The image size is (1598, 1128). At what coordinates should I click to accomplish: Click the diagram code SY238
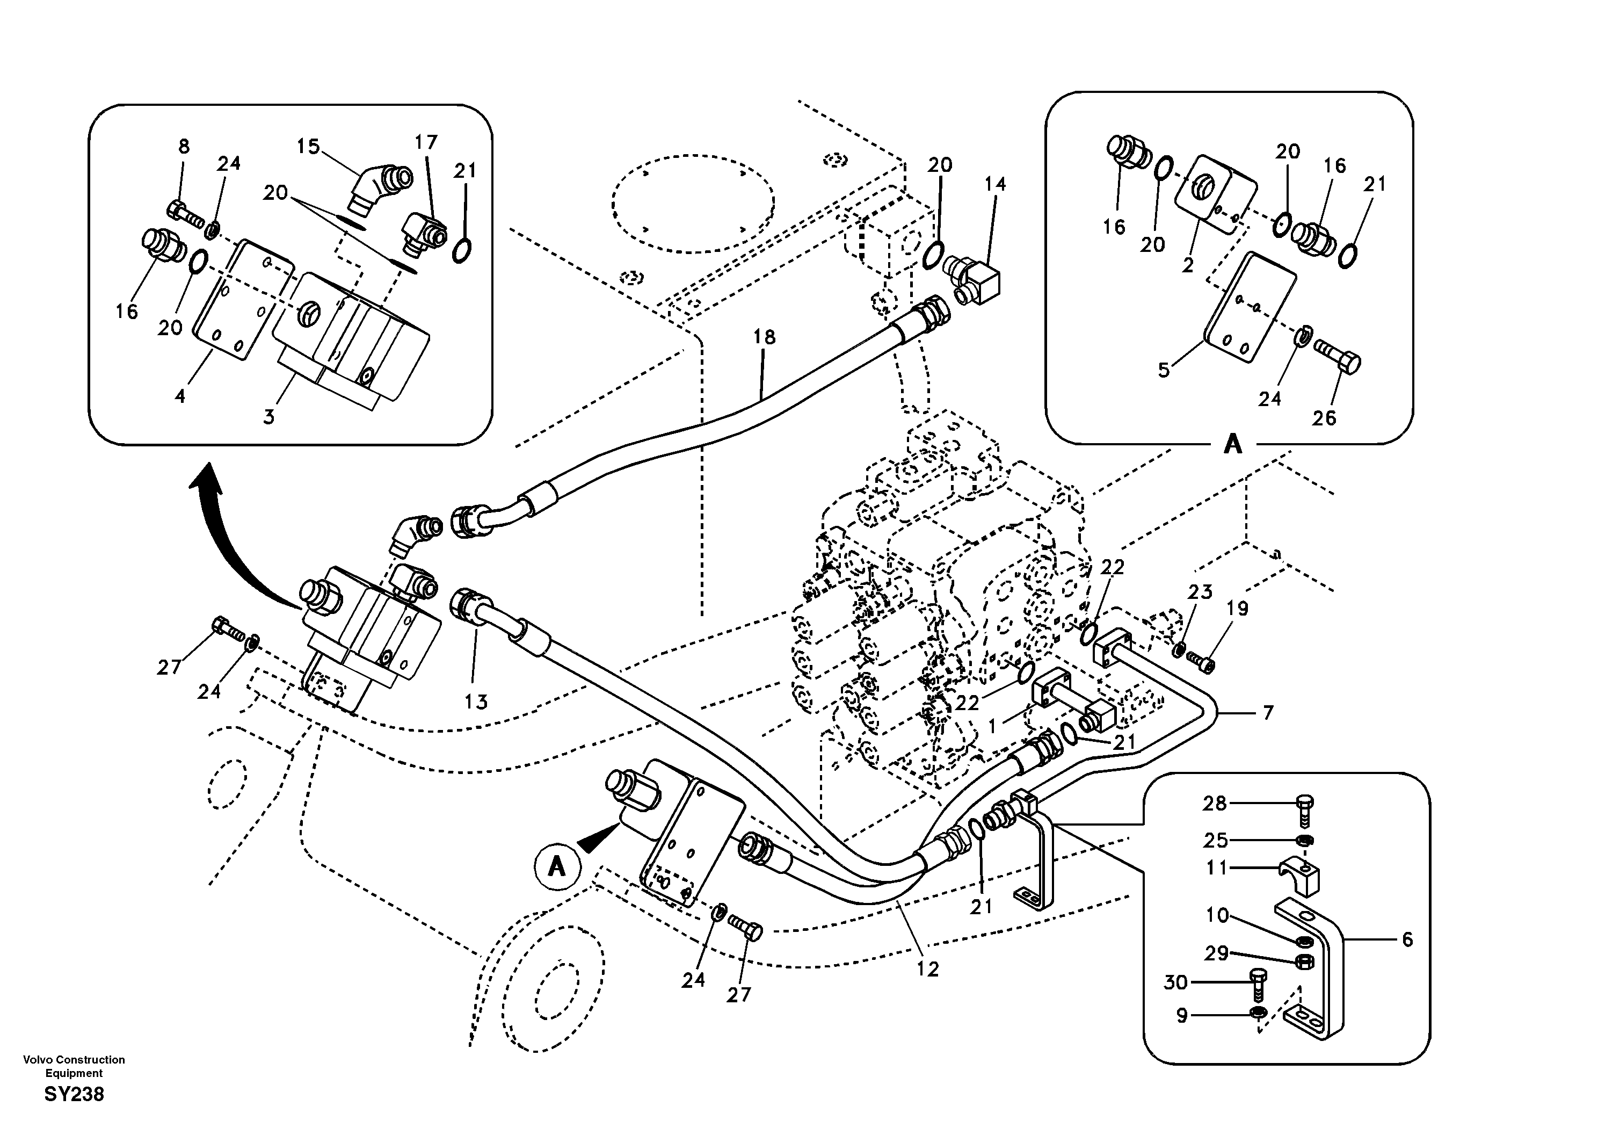(x=74, y=1095)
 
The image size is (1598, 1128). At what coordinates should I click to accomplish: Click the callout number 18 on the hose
(x=764, y=337)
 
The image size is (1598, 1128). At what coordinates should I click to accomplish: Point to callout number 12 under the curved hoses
(x=928, y=968)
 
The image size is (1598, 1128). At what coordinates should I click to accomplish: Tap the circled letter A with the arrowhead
(x=557, y=867)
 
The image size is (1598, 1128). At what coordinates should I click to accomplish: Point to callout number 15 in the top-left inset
(x=308, y=147)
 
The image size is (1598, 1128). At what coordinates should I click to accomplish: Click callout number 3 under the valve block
(x=268, y=416)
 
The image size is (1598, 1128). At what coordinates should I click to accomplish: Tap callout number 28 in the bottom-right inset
(x=1215, y=804)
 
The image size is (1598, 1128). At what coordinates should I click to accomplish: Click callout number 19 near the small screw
(x=1237, y=609)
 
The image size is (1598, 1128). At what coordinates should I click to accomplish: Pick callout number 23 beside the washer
(x=1199, y=592)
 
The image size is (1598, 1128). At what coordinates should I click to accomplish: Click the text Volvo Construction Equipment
(x=74, y=1066)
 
